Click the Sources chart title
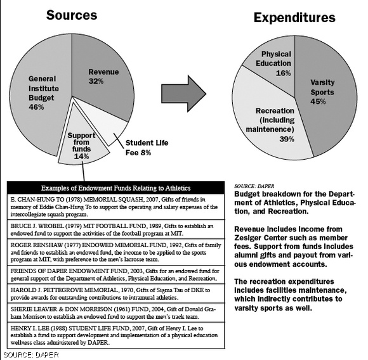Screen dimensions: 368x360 point(72,15)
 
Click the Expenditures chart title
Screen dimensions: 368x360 point(294,17)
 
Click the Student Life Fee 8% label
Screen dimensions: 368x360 point(147,146)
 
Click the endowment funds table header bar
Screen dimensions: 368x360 point(115,188)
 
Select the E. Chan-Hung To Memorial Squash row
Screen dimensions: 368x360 point(115,207)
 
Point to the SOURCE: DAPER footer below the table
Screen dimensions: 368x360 point(28,354)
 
